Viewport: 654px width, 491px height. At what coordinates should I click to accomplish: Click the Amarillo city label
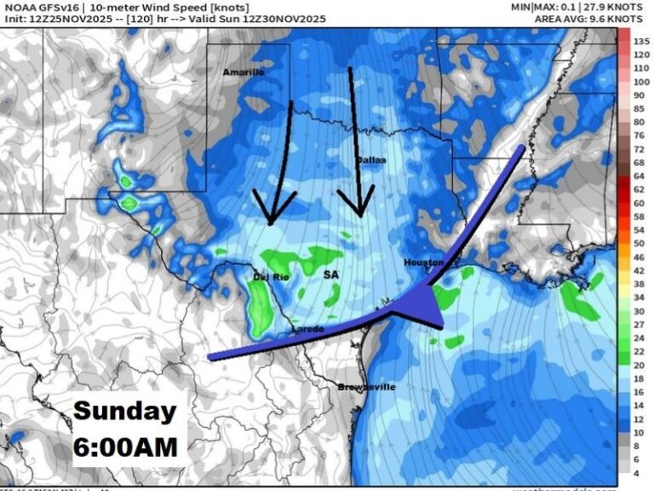coord(243,72)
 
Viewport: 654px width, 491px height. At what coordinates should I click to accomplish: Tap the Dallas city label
coord(370,160)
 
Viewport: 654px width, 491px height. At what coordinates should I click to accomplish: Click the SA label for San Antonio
coord(331,275)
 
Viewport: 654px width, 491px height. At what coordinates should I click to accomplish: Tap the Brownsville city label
coord(367,387)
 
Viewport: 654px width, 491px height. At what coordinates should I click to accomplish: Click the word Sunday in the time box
coord(124,411)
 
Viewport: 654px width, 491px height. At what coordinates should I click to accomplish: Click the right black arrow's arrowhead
coord(359,205)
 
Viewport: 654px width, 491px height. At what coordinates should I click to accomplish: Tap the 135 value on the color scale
coord(641,41)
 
